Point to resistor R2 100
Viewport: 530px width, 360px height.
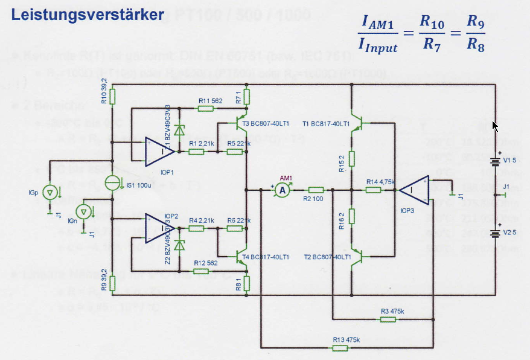[x=315, y=190]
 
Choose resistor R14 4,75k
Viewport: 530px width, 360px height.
[x=372, y=190]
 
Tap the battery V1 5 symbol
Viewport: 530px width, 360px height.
[x=496, y=162]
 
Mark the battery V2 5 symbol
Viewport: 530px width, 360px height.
[x=496, y=233]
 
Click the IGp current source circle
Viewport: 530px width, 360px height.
[x=51, y=193]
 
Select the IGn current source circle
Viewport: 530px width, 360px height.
[x=86, y=211]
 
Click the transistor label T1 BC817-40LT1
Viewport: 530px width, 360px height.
[x=326, y=124]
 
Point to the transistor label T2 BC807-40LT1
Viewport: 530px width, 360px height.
[x=326, y=257]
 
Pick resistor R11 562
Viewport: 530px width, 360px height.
[x=206, y=109]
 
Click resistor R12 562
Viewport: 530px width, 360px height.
[x=206, y=271]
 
